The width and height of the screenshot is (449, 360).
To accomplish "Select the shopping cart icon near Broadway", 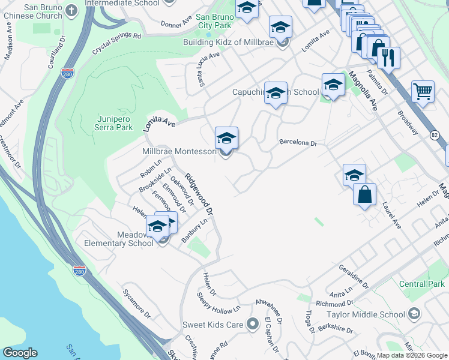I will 423,92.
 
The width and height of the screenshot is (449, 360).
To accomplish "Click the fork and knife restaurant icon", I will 389,58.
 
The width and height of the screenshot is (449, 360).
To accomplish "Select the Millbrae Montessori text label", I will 179,152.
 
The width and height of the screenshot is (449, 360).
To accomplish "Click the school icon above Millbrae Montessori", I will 226,138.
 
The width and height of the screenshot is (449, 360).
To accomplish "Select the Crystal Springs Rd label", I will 116,44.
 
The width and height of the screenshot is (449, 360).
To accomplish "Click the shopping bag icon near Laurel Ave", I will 364,194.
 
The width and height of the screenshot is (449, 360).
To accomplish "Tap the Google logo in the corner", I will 19,352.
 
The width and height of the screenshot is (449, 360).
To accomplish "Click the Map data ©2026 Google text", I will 412,355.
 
